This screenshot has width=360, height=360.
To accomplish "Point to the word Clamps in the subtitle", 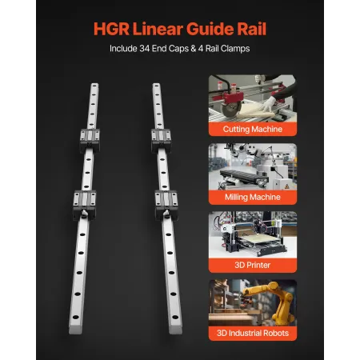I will point(233,49).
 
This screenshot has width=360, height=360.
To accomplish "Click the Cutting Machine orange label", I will point(252,128).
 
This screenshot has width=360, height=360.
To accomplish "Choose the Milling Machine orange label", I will point(252,196).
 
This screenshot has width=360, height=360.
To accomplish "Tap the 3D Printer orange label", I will point(252,263).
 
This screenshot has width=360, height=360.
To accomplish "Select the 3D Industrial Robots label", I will point(252,332).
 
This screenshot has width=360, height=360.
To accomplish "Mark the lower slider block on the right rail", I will point(166,200).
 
